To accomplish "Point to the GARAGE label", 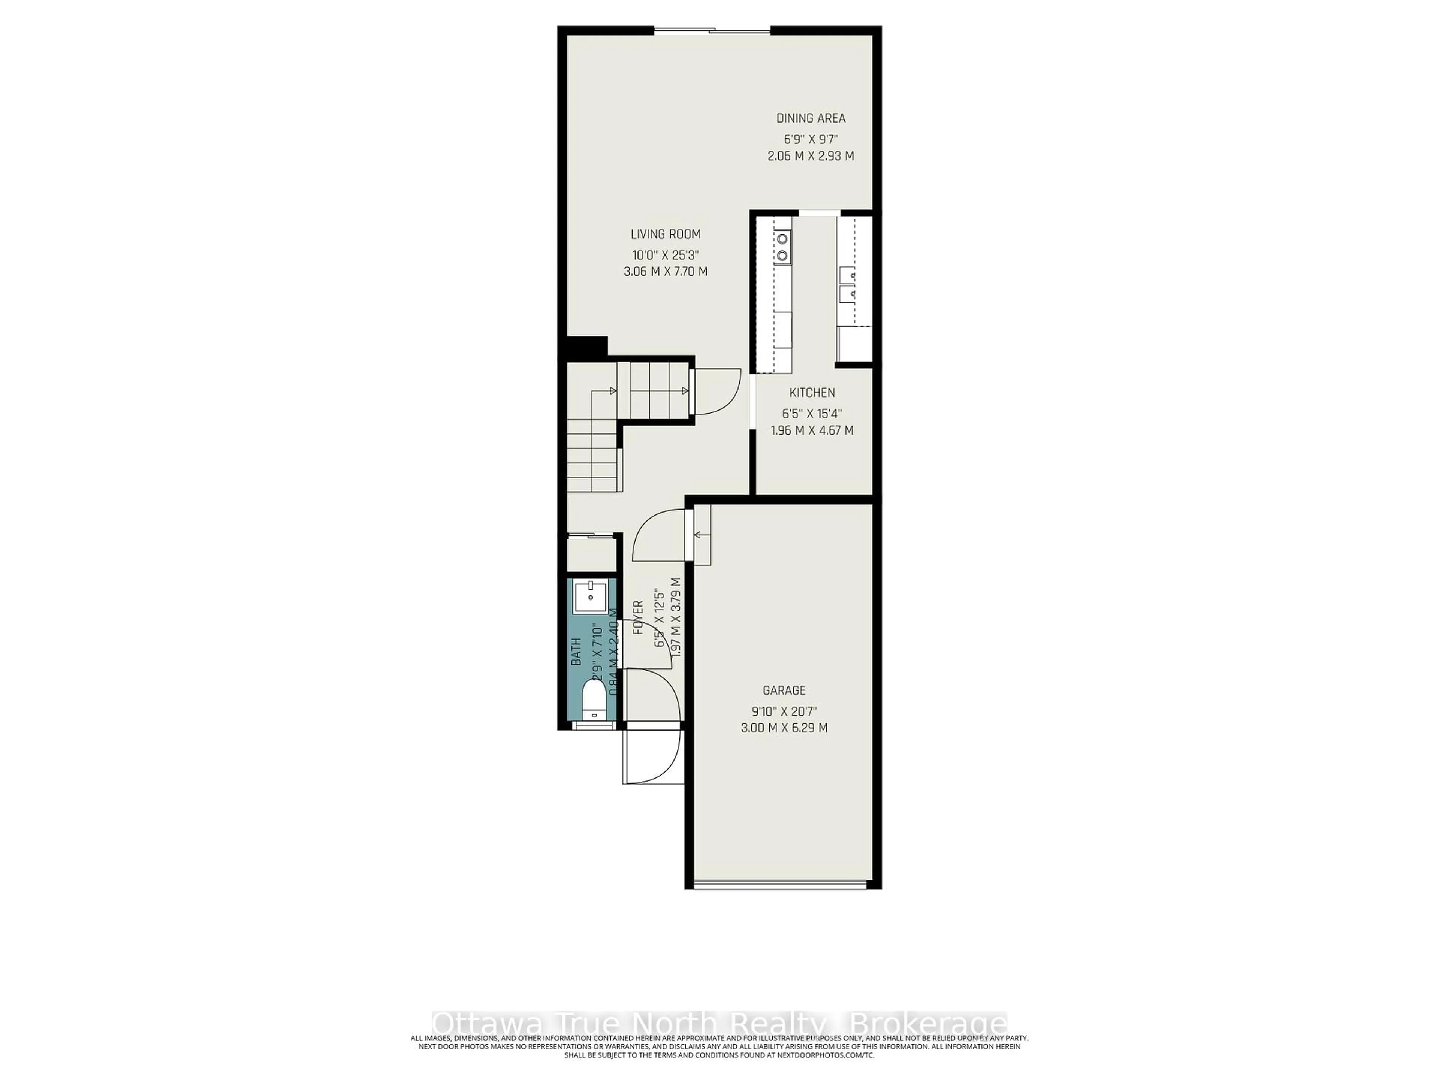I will coord(784,690).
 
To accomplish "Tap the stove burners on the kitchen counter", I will coord(782,247).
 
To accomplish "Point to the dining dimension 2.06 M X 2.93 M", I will coord(811,156).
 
